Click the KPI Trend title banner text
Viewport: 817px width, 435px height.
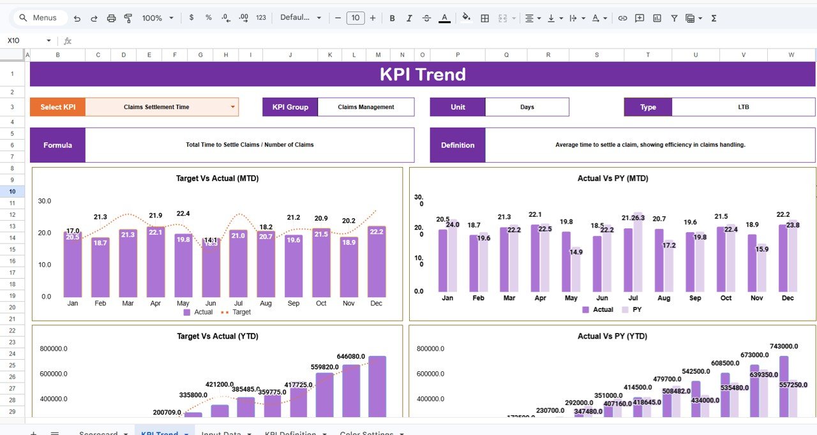(x=423, y=75)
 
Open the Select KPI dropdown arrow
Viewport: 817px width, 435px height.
(x=232, y=107)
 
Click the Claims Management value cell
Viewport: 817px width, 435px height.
(x=366, y=107)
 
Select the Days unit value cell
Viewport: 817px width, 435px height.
(x=527, y=107)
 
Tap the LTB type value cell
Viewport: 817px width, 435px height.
(x=743, y=107)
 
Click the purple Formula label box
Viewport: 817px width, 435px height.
(x=57, y=145)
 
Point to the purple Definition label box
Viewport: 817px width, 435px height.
(x=458, y=145)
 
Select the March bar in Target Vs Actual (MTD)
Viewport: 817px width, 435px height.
(x=128, y=263)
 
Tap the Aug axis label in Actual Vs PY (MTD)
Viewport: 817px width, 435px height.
(x=664, y=298)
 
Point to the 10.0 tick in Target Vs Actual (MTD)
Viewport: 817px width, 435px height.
(x=45, y=265)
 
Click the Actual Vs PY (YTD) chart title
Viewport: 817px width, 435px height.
(x=612, y=336)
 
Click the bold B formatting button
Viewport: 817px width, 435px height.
(x=392, y=18)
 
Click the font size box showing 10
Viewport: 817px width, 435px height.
(x=356, y=18)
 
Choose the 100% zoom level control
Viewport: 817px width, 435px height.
(x=157, y=18)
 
